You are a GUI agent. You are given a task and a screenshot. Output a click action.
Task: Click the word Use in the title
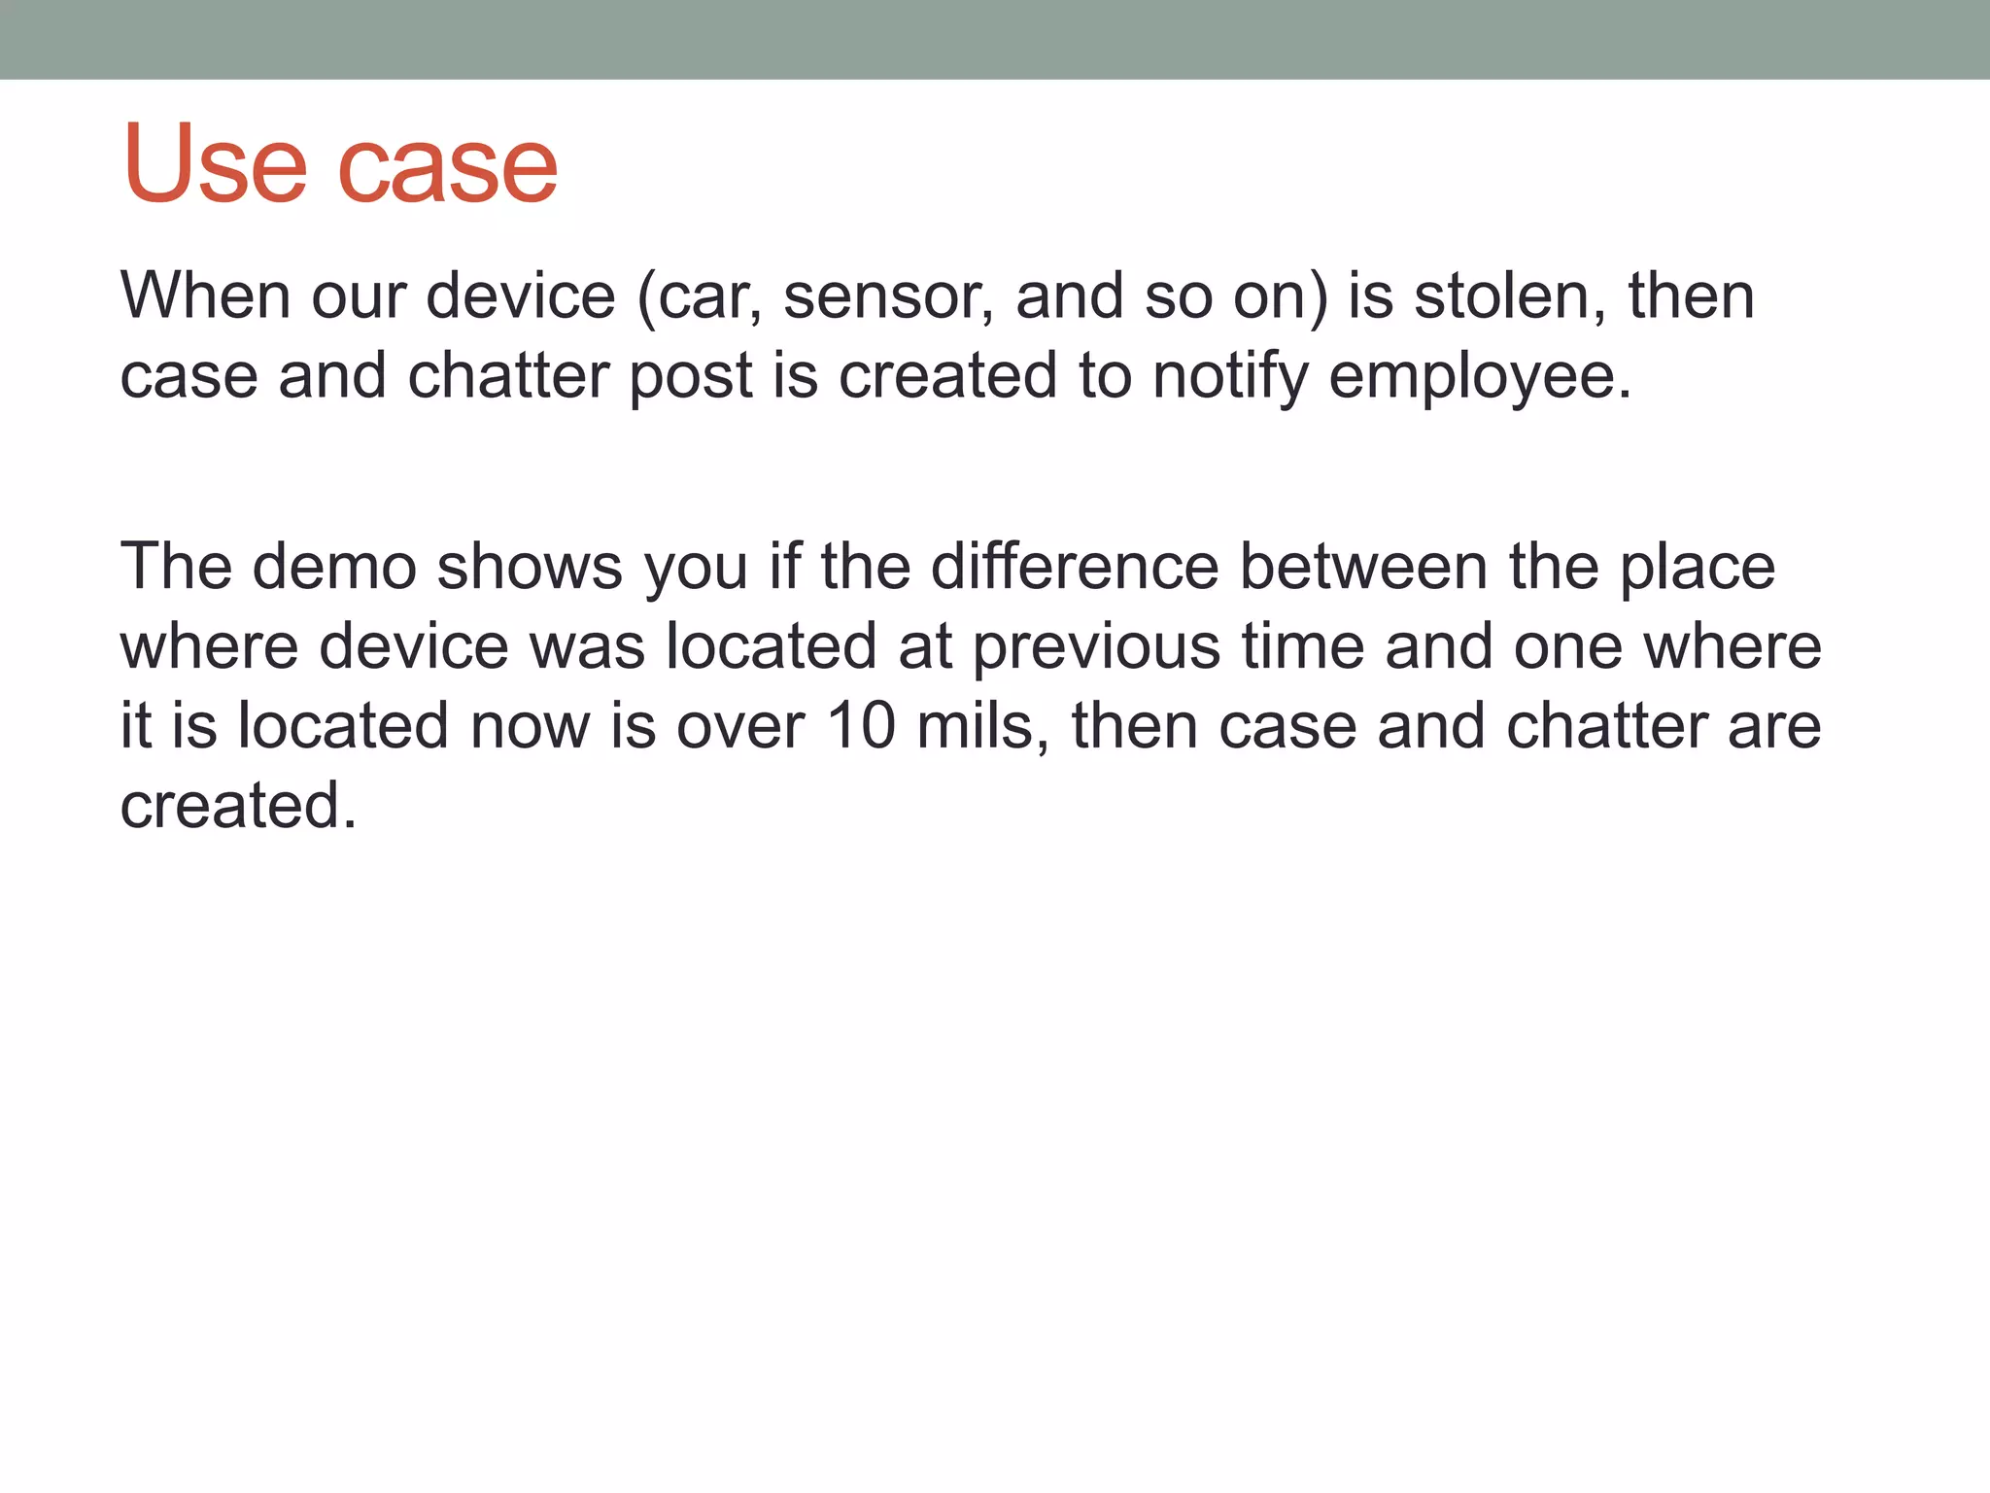[x=214, y=165]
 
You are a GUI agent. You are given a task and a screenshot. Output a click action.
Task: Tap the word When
[x=204, y=295]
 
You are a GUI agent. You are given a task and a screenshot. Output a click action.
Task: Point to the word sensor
[x=888, y=297]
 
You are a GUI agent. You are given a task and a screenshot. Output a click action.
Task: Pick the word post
[x=690, y=377]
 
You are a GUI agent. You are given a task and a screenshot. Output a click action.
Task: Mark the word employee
[x=1479, y=377]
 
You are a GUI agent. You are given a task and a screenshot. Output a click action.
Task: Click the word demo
[x=334, y=567]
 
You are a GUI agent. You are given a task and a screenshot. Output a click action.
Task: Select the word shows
[x=529, y=567]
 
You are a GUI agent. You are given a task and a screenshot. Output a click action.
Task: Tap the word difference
[x=1074, y=567]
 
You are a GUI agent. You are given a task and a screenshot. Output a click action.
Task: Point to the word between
[x=1363, y=567]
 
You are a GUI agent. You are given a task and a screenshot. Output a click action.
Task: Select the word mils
[x=982, y=726]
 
